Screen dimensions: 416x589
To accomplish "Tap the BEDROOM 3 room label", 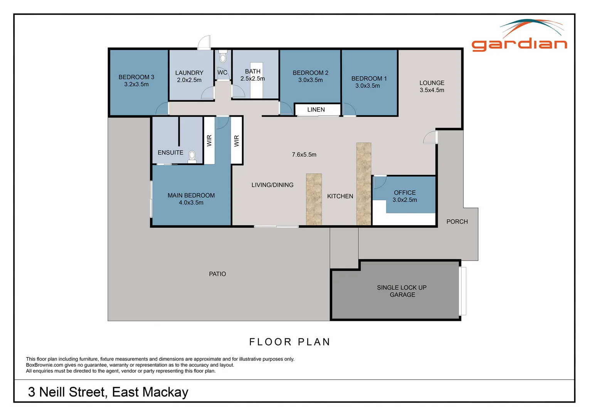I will pyautogui.click(x=136, y=77).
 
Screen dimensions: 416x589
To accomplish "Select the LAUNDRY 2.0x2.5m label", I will pyautogui.click(x=189, y=76).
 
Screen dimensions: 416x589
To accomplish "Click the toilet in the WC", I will pyautogui.click(x=223, y=57).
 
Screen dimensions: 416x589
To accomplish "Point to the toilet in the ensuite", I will pyautogui.click(x=192, y=156).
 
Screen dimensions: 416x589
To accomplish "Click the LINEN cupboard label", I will pyautogui.click(x=316, y=110).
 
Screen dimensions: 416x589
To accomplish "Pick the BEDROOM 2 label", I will pyautogui.click(x=310, y=73).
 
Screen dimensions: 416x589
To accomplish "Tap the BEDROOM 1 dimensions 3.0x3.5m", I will pyautogui.click(x=367, y=86).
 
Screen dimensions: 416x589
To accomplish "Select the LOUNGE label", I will pyautogui.click(x=432, y=83).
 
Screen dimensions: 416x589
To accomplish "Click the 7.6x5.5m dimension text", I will pyautogui.click(x=304, y=155).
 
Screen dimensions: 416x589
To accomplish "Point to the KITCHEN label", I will pyautogui.click(x=340, y=196).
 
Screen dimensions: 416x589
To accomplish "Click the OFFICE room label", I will pyautogui.click(x=404, y=193).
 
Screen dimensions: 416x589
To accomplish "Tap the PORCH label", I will pyautogui.click(x=457, y=222).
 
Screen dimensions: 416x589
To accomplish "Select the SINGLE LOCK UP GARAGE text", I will pyautogui.click(x=402, y=291).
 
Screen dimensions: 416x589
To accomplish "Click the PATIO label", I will pyautogui.click(x=217, y=274).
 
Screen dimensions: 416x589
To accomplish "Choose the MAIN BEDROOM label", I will pyautogui.click(x=191, y=195).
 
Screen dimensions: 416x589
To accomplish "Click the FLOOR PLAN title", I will pyautogui.click(x=289, y=342).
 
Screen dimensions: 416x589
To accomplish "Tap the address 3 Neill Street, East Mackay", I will pyautogui.click(x=108, y=392).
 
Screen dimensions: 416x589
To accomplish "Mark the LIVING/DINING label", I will pyautogui.click(x=272, y=185).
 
